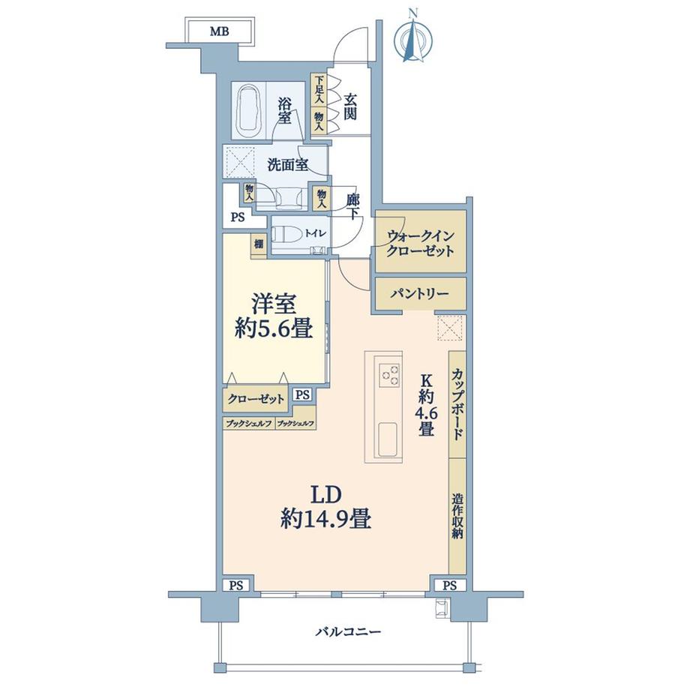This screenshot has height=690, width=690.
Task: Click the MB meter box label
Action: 219,31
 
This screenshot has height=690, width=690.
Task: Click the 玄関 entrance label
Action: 349,107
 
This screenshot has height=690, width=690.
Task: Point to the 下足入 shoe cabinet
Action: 319,90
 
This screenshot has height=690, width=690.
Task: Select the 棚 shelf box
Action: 259,244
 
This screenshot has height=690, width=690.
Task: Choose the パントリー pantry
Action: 420,293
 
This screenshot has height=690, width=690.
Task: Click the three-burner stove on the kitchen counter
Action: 388,373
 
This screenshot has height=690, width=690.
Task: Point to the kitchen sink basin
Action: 388,439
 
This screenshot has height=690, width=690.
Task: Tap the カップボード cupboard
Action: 457,404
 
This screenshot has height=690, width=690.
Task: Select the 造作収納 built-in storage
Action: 457,516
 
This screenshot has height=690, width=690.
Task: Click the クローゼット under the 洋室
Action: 255,399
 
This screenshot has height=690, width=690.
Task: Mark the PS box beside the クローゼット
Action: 302,394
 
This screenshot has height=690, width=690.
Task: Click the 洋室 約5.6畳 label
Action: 274,317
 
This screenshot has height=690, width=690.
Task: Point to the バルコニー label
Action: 348,632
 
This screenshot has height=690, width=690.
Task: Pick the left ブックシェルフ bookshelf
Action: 249,424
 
